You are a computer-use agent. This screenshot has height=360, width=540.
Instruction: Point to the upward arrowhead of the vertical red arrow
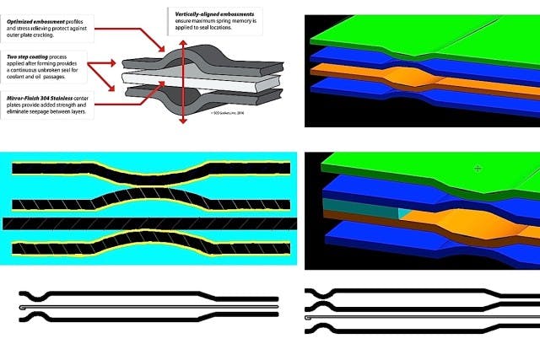182,35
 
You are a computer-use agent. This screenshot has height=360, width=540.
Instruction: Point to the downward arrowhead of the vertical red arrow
182,121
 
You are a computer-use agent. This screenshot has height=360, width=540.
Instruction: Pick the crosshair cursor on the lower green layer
478,169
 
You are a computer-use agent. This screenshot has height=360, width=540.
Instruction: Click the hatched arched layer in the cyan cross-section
152,200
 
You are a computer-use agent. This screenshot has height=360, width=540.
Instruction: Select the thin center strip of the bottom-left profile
127,308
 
